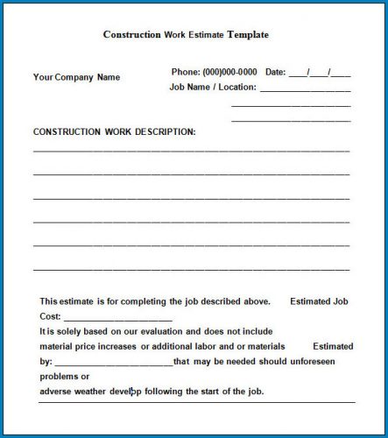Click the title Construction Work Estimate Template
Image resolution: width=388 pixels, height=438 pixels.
tap(186, 35)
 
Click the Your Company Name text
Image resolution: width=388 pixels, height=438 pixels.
tap(77, 77)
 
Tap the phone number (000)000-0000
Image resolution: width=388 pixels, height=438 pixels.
tap(229, 72)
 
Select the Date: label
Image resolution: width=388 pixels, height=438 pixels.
tap(275, 72)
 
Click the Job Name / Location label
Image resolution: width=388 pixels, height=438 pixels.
tap(213, 88)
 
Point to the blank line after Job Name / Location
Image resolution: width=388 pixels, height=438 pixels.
tap(305, 89)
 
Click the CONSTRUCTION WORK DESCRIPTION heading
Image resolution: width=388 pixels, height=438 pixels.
tap(115, 131)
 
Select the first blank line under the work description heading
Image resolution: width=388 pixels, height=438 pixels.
tap(191, 152)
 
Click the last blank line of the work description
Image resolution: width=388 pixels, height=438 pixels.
tap(191, 269)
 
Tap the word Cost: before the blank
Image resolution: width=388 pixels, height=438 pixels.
tap(50, 316)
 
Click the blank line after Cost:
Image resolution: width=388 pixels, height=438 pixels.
tap(117, 319)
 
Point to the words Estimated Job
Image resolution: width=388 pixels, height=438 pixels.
tap(319, 300)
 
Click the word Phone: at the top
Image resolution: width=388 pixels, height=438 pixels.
tap(186, 72)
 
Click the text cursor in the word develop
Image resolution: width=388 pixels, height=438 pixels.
tap(132, 391)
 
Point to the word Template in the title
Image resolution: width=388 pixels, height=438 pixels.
tap(248, 35)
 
